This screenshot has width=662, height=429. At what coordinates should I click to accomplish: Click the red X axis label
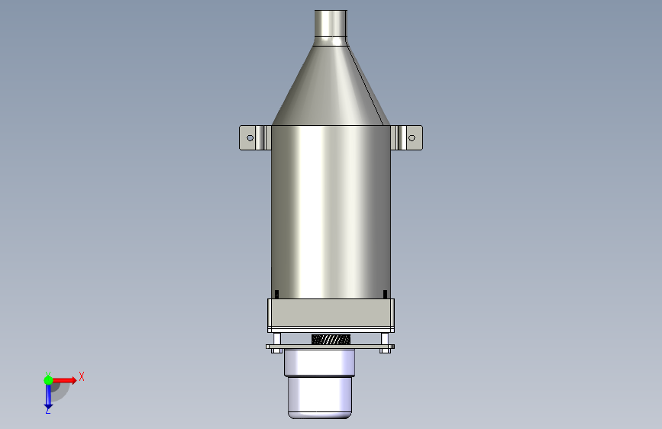(82, 376)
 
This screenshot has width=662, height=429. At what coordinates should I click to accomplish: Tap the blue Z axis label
(47, 410)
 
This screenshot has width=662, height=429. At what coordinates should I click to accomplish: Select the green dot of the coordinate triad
(48, 380)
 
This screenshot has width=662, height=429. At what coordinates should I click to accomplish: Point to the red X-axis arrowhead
(74, 380)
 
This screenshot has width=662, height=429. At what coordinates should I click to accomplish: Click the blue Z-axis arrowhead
(48, 406)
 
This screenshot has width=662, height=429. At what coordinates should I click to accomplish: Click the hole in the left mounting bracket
(250, 138)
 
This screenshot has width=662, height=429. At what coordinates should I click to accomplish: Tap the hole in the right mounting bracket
(412, 138)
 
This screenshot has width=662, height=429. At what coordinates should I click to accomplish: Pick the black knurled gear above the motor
(331, 339)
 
